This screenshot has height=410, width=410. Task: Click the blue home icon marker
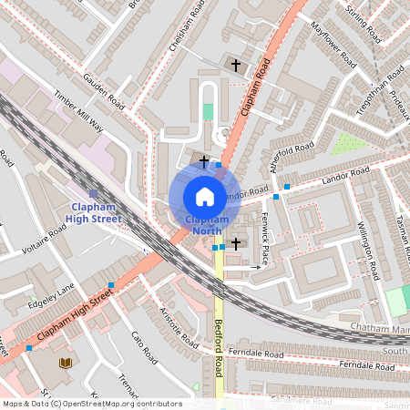pyautogui.click(x=204, y=196)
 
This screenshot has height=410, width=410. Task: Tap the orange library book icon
pyautogui.click(x=65, y=363)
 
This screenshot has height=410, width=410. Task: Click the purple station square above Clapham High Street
pyautogui.click(x=93, y=193)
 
